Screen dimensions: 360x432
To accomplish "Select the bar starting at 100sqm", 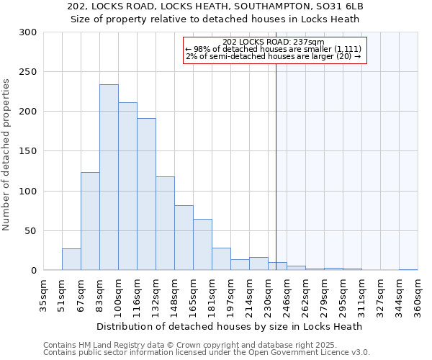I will click(x=127, y=186).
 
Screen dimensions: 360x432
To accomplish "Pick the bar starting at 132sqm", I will click(x=165, y=223).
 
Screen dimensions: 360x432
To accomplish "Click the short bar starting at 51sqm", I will click(x=71, y=260).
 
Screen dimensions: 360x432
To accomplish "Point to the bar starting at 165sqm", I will click(x=202, y=245).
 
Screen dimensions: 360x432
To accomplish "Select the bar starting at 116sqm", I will click(x=146, y=194).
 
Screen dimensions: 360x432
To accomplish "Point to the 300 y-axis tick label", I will click(x=27, y=32).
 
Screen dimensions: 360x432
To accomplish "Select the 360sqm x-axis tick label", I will click(x=419, y=295).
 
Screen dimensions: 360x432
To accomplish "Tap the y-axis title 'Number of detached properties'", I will click(x=6, y=155).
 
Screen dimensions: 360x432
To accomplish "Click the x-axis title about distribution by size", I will click(x=229, y=326).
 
